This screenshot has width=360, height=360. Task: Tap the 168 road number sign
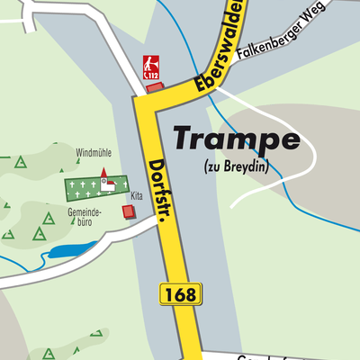pyautogui.click(x=181, y=293)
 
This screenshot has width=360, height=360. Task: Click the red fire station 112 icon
pyautogui.click(x=153, y=67)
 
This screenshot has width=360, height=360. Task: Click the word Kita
pyautogui.click(x=137, y=195)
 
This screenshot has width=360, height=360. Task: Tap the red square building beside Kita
pyautogui.click(x=129, y=211)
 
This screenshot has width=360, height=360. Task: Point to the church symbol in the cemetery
pyautogui.click(x=106, y=183)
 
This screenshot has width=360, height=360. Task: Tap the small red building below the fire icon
pyautogui.click(x=155, y=88)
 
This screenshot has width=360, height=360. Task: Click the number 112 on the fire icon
pyautogui.click(x=153, y=76)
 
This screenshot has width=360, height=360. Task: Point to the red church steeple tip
pyautogui.click(x=103, y=169)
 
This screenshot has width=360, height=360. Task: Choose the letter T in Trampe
pyautogui.click(x=185, y=138)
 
